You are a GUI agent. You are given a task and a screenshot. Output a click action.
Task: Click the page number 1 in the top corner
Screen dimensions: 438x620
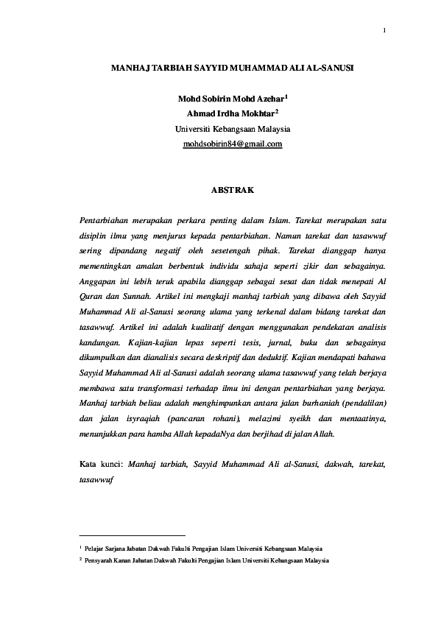pyautogui.click(x=385, y=30)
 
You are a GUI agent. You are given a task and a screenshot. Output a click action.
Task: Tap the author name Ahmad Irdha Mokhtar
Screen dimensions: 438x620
pyautogui.click(x=230, y=113)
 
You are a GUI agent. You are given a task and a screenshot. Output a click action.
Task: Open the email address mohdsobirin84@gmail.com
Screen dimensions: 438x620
pyautogui.click(x=233, y=144)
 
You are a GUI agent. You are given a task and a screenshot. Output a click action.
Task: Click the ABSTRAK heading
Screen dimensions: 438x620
pyautogui.click(x=233, y=190)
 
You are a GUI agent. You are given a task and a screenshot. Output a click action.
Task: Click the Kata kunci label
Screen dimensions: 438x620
pyautogui.click(x=101, y=465)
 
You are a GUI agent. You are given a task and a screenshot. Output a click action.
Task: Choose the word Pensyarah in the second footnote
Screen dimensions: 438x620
pyautogui.click(x=102, y=560)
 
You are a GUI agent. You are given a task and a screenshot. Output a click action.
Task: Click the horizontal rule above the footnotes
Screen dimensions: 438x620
pyautogui.click(x=132, y=536)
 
